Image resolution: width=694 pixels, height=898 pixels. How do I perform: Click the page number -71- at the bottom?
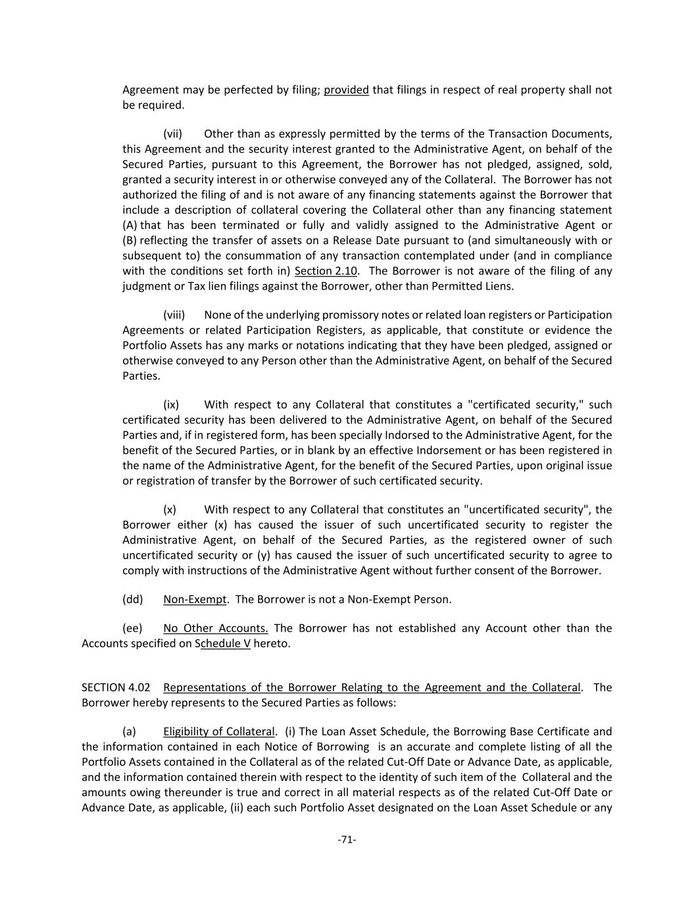point(347,839)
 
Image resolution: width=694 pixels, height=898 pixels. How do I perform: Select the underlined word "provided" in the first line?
point(346,90)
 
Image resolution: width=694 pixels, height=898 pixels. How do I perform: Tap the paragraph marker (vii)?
point(172,134)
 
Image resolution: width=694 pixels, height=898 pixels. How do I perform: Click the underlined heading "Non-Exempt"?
point(195,599)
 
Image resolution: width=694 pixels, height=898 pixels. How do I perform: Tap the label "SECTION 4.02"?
point(115,687)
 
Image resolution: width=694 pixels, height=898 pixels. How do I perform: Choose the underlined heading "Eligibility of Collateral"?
point(218,732)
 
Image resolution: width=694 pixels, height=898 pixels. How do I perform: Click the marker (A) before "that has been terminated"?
point(130,226)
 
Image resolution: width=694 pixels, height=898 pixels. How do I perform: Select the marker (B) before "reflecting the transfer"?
point(130,241)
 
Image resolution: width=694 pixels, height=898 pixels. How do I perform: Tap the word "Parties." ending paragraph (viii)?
point(141,376)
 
